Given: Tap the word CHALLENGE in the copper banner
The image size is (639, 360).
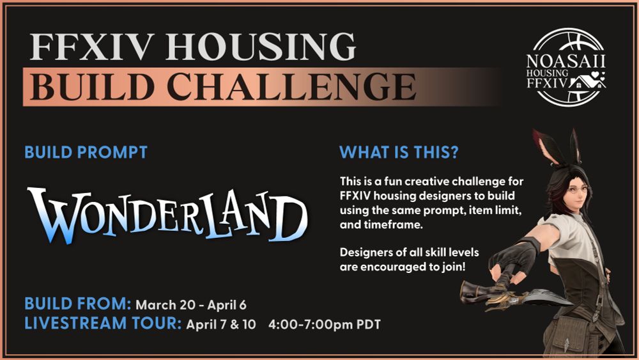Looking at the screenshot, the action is click(x=291, y=86).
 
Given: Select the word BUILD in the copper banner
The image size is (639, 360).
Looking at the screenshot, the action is click(x=92, y=86).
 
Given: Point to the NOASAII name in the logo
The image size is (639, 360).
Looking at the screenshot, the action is click(x=566, y=61).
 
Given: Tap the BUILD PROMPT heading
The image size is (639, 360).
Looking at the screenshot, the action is click(x=86, y=152).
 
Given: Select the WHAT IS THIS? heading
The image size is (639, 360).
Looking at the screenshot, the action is click(x=399, y=152).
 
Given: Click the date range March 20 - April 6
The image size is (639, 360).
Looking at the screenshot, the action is click(x=190, y=305).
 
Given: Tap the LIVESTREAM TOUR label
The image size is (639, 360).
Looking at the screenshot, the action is click(x=103, y=324).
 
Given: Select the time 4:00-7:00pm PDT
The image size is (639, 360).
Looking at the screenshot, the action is click(x=325, y=325).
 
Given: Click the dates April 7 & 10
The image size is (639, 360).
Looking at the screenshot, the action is click(x=221, y=325).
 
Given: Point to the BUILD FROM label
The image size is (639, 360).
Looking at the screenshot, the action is click(x=78, y=304).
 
